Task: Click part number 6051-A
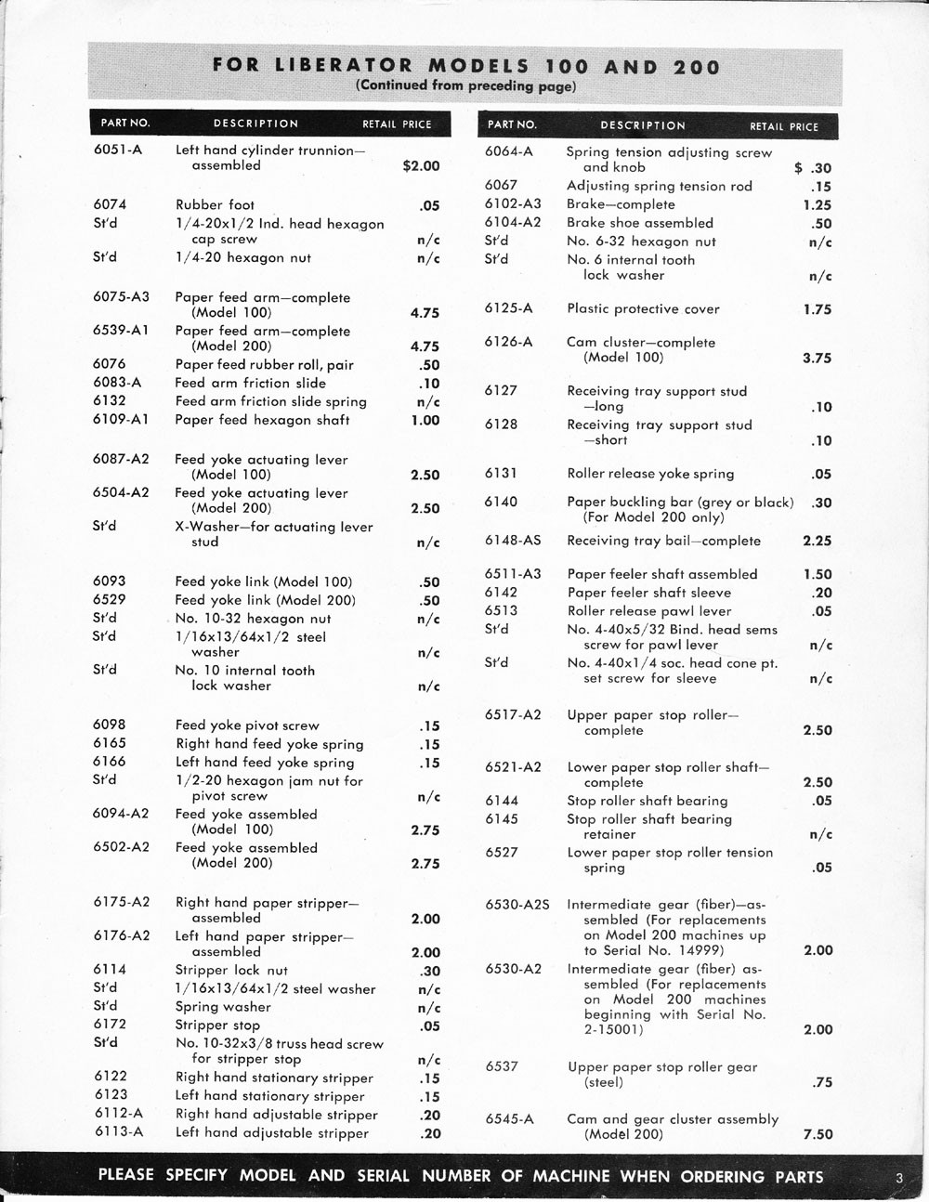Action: (x=117, y=150)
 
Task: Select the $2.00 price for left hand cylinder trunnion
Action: (x=421, y=166)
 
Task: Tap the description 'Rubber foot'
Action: (x=215, y=205)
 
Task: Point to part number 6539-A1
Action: (x=121, y=331)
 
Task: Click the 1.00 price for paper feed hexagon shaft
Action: (x=425, y=421)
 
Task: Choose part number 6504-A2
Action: (x=121, y=492)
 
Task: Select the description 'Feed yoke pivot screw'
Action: (x=247, y=725)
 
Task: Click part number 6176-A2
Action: (x=121, y=935)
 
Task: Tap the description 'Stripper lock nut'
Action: (x=231, y=970)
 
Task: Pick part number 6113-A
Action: (x=118, y=1131)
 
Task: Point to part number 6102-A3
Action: (x=513, y=204)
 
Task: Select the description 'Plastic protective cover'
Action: (x=643, y=309)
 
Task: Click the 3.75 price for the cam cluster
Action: (x=817, y=359)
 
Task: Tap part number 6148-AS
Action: (x=513, y=541)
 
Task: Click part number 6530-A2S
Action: (x=517, y=904)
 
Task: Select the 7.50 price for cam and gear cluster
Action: (x=818, y=1134)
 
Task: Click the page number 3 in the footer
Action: (x=899, y=1178)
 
